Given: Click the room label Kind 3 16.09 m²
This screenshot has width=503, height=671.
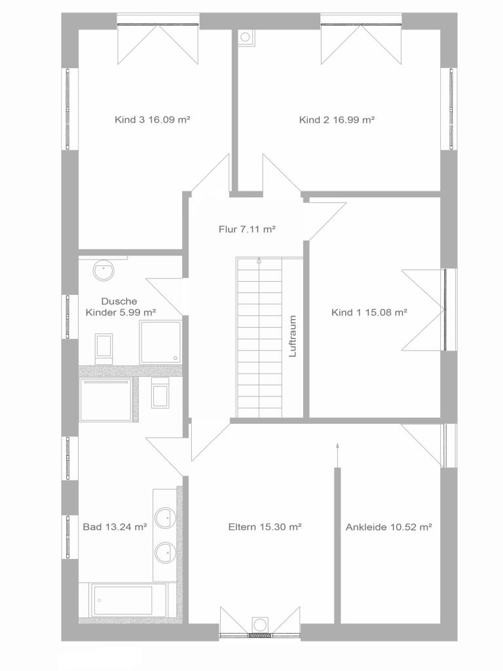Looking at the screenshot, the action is click(152, 120).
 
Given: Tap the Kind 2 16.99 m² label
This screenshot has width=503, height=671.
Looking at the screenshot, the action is click(337, 120).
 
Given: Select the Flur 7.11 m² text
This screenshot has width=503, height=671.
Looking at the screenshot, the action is click(247, 229).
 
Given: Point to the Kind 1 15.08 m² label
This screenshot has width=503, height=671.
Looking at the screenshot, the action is click(369, 313).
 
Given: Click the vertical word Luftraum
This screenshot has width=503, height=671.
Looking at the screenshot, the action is click(293, 336).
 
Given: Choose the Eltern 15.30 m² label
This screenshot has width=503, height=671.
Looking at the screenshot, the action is click(265, 527).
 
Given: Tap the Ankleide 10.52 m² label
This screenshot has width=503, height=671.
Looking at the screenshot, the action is click(389, 527).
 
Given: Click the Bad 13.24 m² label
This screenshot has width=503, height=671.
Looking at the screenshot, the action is click(115, 527).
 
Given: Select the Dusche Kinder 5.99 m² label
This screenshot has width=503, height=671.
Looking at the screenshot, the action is click(121, 307).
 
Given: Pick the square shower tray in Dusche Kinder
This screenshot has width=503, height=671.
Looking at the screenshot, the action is click(160, 342).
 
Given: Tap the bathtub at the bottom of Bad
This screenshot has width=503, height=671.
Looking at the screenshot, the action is click(128, 600).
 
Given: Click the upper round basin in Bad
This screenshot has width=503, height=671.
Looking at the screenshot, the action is click(165, 518).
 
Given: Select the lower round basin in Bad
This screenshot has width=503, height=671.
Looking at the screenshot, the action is click(165, 552).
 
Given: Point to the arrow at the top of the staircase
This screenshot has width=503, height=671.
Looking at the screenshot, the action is click(259, 261).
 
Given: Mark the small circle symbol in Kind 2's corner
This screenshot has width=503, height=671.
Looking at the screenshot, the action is click(245, 37).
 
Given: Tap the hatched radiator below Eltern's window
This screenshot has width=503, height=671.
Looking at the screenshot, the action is click(260, 636).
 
